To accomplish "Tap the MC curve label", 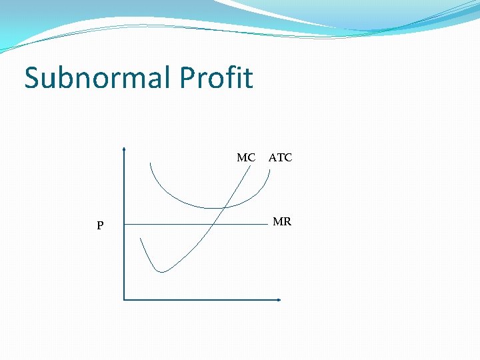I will point(246,158).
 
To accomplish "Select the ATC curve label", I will point(280,158).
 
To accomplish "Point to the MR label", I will point(282,221).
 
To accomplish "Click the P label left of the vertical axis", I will point(100,226).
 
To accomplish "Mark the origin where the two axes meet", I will point(124,299).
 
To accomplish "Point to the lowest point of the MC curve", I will point(161,271).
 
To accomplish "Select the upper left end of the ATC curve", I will point(151,163).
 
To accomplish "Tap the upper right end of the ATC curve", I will point(269,169).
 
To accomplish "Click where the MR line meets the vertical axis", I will point(124,225).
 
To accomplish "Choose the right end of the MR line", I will point(267,225).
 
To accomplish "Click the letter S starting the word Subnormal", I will point(31,78).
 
